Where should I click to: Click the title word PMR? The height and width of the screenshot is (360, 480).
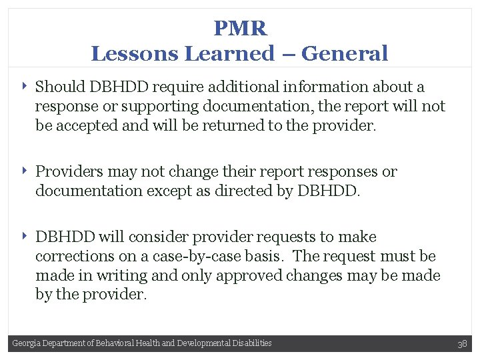click(x=240, y=28)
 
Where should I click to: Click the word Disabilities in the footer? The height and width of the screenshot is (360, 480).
click(x=253, y=343)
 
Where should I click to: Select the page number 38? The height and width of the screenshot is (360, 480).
click(x=462, y=344)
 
